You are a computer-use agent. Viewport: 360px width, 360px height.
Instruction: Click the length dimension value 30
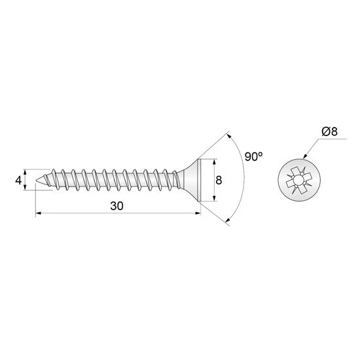117,205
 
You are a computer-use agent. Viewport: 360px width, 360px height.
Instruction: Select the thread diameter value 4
19,179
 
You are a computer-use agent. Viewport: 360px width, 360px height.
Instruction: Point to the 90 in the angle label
250,157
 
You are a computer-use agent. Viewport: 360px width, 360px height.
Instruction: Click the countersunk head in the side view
191,179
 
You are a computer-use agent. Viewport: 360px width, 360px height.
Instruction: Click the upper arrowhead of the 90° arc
230,136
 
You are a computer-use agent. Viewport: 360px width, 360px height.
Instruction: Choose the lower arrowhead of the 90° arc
229,221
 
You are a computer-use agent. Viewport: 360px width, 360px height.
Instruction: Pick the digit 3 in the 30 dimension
113,205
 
